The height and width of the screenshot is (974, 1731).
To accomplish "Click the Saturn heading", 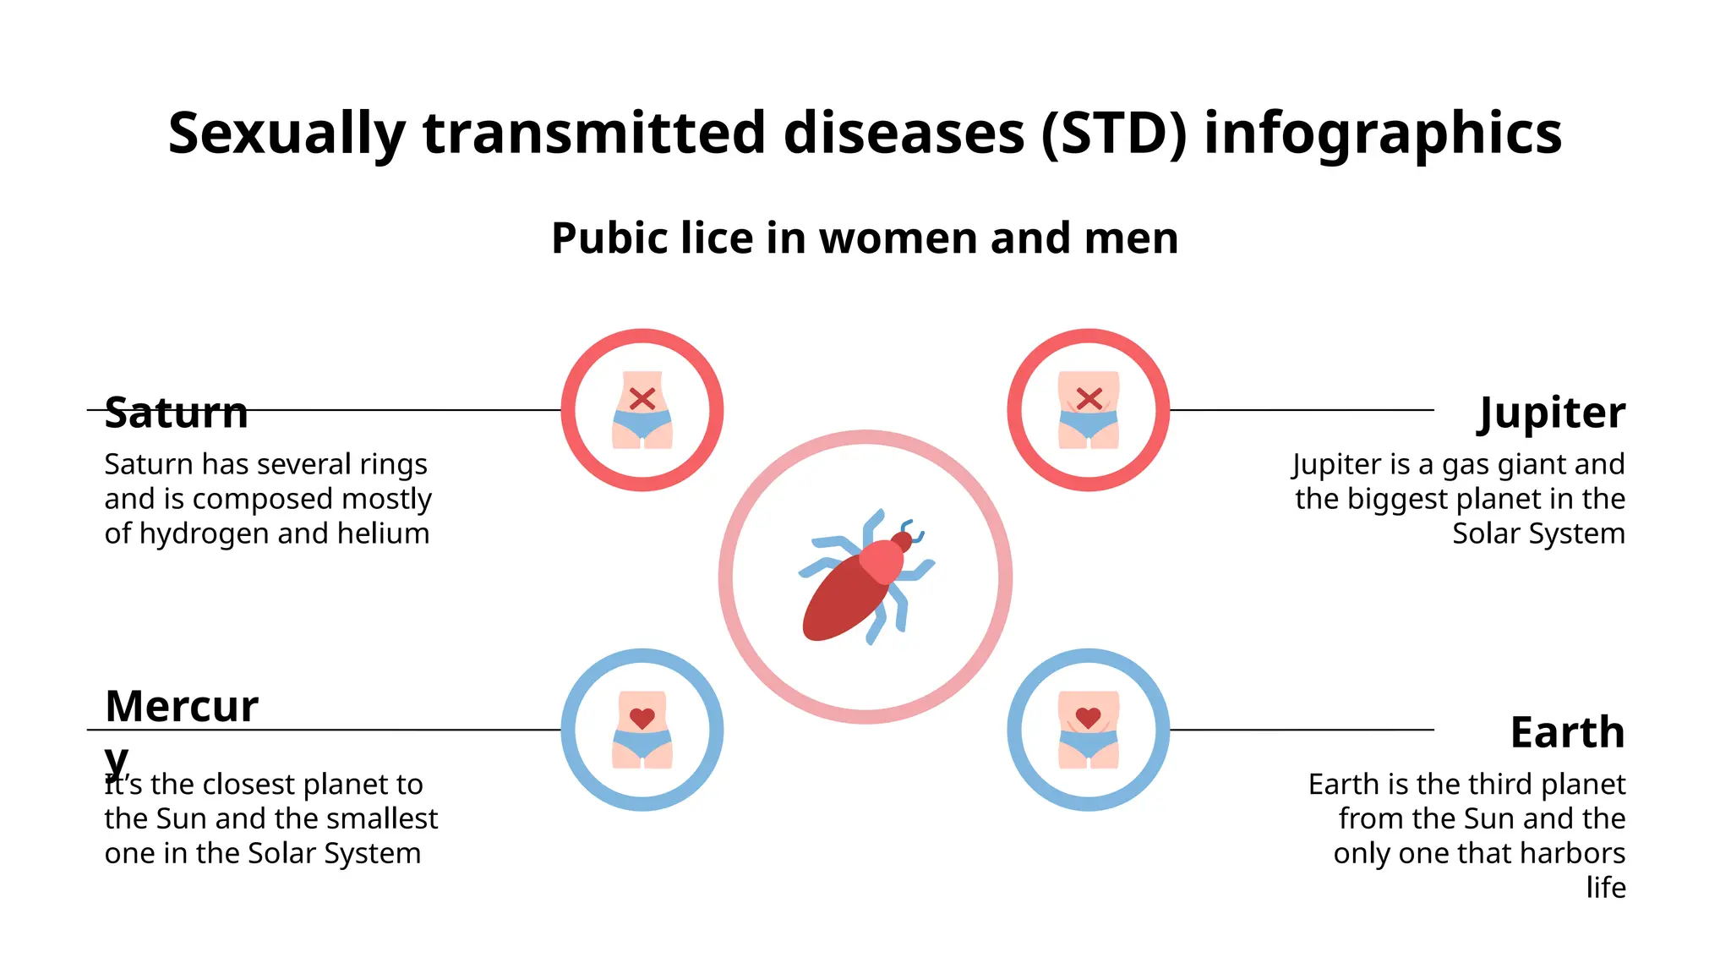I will tap(176, 413).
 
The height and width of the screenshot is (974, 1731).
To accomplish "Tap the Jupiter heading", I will tap(1551, 413).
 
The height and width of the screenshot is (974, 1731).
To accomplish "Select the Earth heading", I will tap(1567, 732).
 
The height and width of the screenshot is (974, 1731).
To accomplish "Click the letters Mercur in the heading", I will tap(182, 706).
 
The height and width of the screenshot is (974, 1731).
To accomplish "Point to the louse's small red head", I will tap(902, 541).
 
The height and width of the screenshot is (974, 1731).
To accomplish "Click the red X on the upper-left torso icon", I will tap(642, 398).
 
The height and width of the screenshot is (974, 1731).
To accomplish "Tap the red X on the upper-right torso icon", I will tap(1089, 398).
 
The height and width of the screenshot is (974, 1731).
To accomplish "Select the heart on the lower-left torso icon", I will tap(642, 719).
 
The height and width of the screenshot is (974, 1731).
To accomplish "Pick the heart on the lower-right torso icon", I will tap(1089, 719).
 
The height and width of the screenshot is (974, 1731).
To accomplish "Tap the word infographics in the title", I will tap(1383, 134).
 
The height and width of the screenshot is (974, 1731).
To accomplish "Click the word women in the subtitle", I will tap(898, 238).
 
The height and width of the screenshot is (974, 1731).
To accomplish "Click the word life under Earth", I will tap(1605, 887).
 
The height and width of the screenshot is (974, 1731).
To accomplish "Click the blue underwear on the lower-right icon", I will tap(1089, 744).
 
